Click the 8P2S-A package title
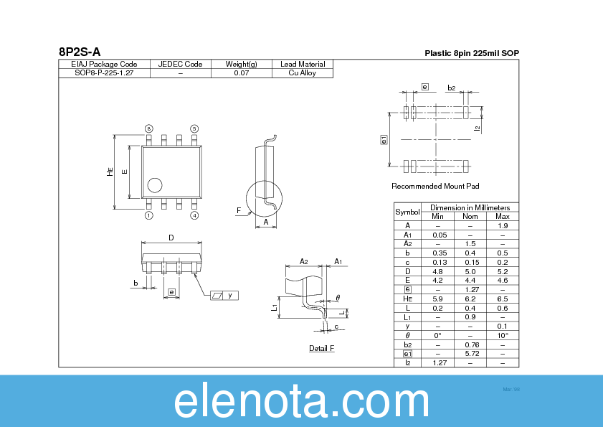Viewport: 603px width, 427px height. click(80, 52)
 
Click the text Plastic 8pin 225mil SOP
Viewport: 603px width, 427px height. click(471, 53)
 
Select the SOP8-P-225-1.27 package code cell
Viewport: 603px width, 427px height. click(104, 73)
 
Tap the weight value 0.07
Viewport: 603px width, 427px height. click(241, 73)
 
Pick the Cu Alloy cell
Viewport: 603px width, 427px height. click(302, 73)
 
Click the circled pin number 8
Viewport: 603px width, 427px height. click(149, 128)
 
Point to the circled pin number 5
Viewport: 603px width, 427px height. click(194, 128)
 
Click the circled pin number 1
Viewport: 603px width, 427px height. click(149, 215)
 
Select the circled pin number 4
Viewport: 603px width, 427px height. click(194, 215)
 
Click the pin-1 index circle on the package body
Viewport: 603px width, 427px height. click(154, 186)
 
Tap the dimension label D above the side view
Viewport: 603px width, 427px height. click(171, 238)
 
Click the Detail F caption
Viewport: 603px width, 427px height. click(321, 349)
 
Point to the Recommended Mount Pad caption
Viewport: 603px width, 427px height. click(435, 187)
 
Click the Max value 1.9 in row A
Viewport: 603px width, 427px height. click(503, 225)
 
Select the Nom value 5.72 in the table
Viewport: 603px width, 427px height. click(470, 353)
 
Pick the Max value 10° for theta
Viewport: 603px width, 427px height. click(503, 335)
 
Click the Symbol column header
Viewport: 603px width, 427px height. click(407, 212)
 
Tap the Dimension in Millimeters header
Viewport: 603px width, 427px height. click(470, 207)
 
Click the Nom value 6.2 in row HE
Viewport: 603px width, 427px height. click(470, 299)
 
